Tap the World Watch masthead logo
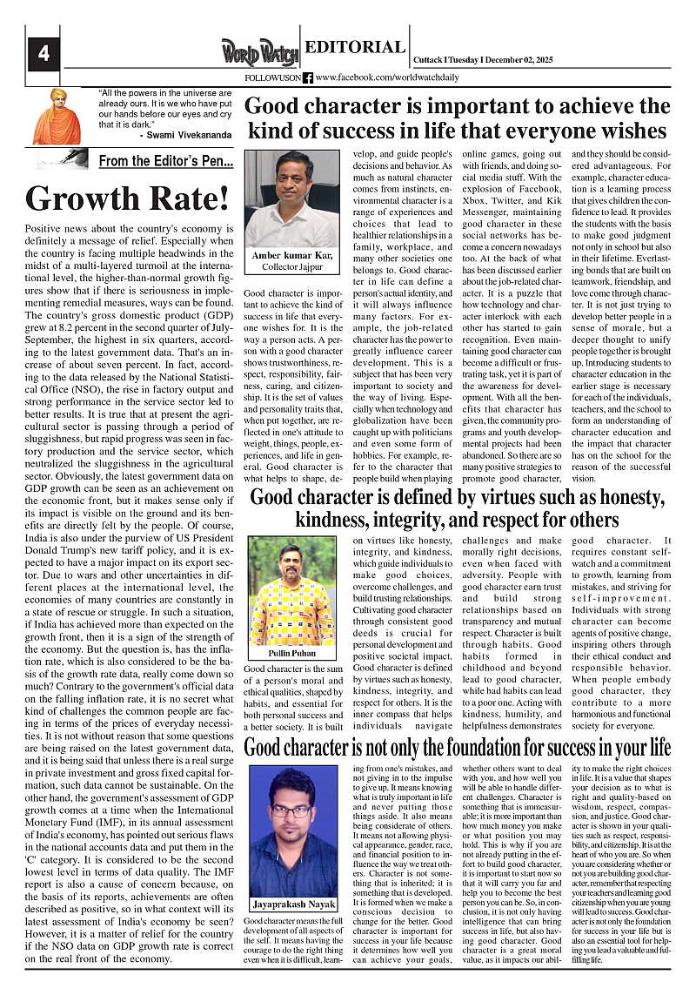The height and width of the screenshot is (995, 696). [x=258, y=52]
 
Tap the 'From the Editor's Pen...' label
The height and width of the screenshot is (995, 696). [x=165, y=161]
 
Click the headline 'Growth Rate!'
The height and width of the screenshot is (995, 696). [x=127, y=198]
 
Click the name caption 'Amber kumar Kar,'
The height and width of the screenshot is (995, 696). [x=291, y=255]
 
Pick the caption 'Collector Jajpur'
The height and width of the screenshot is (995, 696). [x=292, y=266]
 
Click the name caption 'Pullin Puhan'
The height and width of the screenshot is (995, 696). [x=291, y=653]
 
